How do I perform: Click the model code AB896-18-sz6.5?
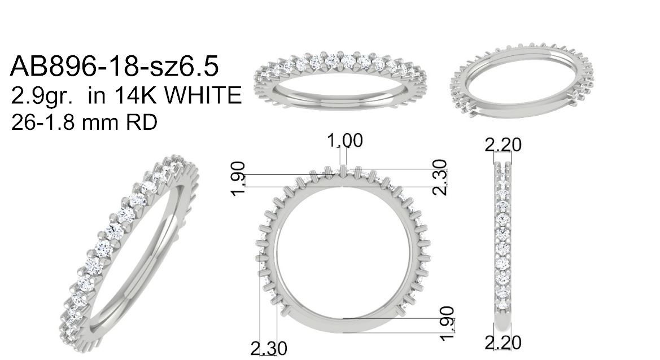[115, 67]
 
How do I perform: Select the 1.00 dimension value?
[345, 141]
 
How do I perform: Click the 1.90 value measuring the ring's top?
[238, 178]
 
